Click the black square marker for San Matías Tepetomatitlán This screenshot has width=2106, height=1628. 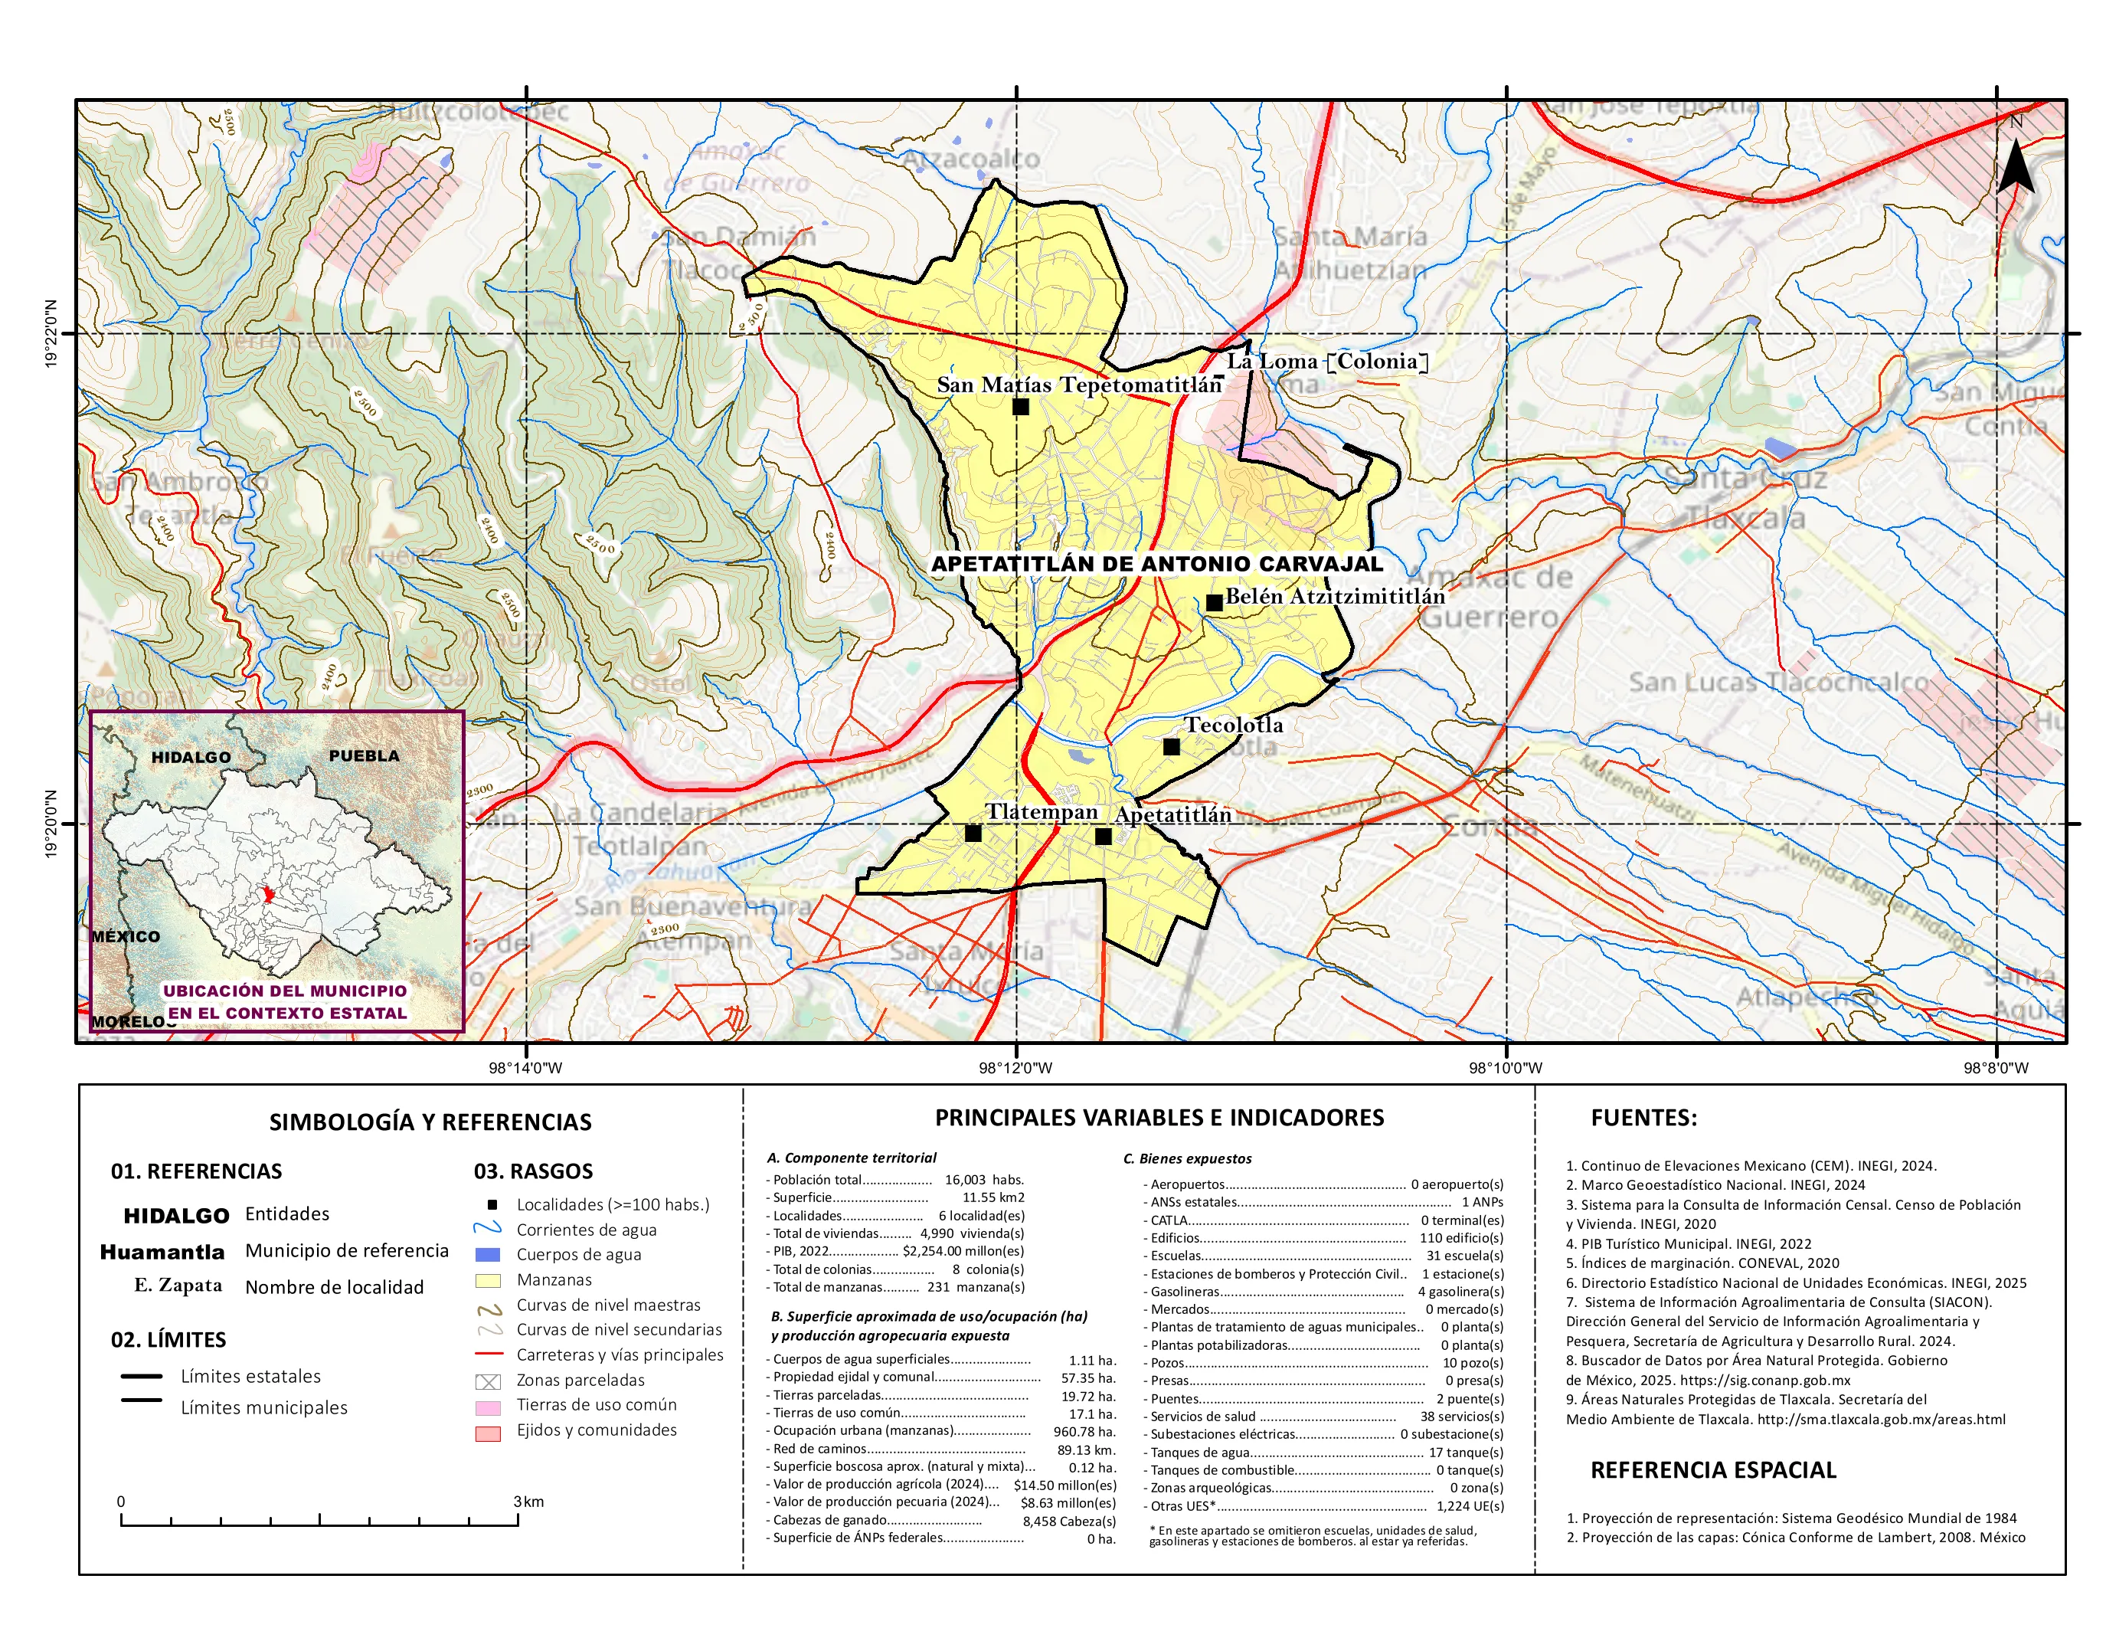tap(1020, 407)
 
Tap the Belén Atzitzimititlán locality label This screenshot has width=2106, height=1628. tap(1335, 596)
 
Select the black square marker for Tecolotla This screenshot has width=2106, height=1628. tap(1171, 746)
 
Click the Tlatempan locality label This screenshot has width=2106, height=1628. tap(1042, 812)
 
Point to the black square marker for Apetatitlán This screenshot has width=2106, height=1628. tap(1103, 836)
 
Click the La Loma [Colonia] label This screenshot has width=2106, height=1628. tap(1327, 362)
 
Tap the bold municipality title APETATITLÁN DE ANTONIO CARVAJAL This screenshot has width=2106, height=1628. tap(1157, 564)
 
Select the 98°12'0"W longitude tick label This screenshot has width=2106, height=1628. tap(1015, 1068)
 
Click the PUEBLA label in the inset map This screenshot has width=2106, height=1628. tap(364, 756)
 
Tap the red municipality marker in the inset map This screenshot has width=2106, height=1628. tap(269, 895)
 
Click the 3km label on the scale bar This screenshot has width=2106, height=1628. tap(528, 1502)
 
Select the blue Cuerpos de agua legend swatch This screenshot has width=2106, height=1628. tap(488, 1255)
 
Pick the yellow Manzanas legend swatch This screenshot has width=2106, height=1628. tap(488, 1281)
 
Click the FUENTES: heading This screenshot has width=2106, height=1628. tap(1643, 1118)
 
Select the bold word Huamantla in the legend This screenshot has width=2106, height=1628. tap(162, 1252)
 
